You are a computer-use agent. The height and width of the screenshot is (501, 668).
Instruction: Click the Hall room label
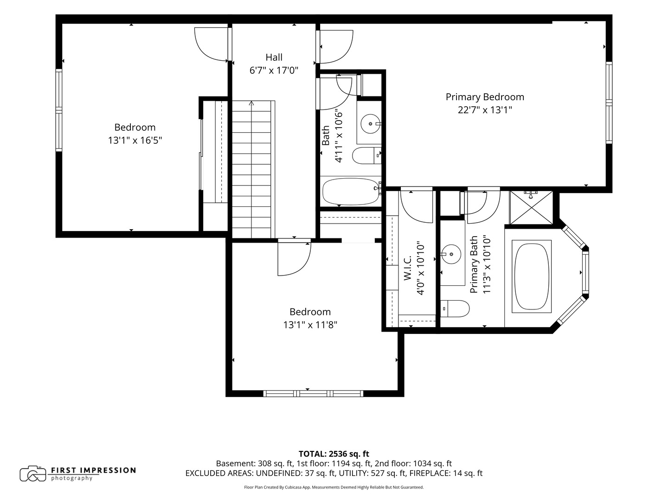(x=274, y=57)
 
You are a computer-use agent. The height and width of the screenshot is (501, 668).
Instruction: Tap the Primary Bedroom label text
(x=485, y=97)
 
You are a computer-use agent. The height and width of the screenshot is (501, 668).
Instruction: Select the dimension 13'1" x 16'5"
(x=135, y=140)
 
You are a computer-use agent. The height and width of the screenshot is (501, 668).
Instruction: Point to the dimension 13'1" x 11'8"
(x=310, y=325)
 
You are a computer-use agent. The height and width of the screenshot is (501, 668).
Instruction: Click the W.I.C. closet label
(x=407, y=267)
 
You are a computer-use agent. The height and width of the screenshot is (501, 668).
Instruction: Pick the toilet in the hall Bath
(x=366, y=155)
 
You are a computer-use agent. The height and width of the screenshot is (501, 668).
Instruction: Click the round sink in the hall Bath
(x=370, y=124)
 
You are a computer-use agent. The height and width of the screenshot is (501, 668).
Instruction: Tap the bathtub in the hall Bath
(x=351, y=191)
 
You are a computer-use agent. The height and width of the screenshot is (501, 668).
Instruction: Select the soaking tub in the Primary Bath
(x=531, y=276)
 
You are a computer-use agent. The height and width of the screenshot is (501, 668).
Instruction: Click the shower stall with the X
(x=531, y=207)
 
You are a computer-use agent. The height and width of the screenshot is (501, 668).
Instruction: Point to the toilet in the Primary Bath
(x=455, y=308)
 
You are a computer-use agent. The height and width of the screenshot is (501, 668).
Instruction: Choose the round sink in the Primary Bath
(x=451, y=254)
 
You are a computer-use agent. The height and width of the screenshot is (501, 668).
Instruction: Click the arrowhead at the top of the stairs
(x=251, y=103)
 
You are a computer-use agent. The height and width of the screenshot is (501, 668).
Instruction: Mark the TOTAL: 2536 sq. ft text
(x=334, y=454)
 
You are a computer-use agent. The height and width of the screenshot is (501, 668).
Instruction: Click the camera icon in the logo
(x=33, y=474)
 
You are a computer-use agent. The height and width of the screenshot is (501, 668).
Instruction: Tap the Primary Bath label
(x=474, y=264)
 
